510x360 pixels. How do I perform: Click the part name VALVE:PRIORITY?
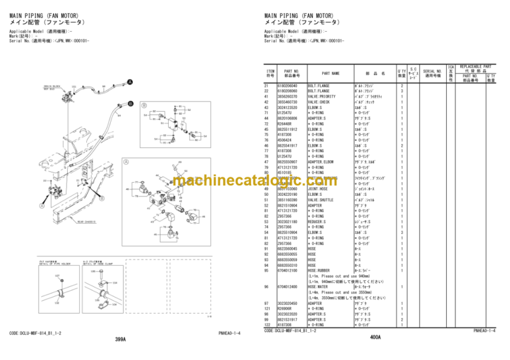[x=321, y=96]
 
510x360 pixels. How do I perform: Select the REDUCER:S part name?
[x=319, y=221]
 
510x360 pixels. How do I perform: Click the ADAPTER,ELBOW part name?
[x=322, y=161]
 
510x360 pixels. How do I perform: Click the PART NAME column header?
[x=331, y=74]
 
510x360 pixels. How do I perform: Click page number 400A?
[x=375, y=337]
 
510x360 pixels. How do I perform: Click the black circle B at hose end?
[x=129, y=104]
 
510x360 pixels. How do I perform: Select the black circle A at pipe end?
[x=129, y=82]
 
